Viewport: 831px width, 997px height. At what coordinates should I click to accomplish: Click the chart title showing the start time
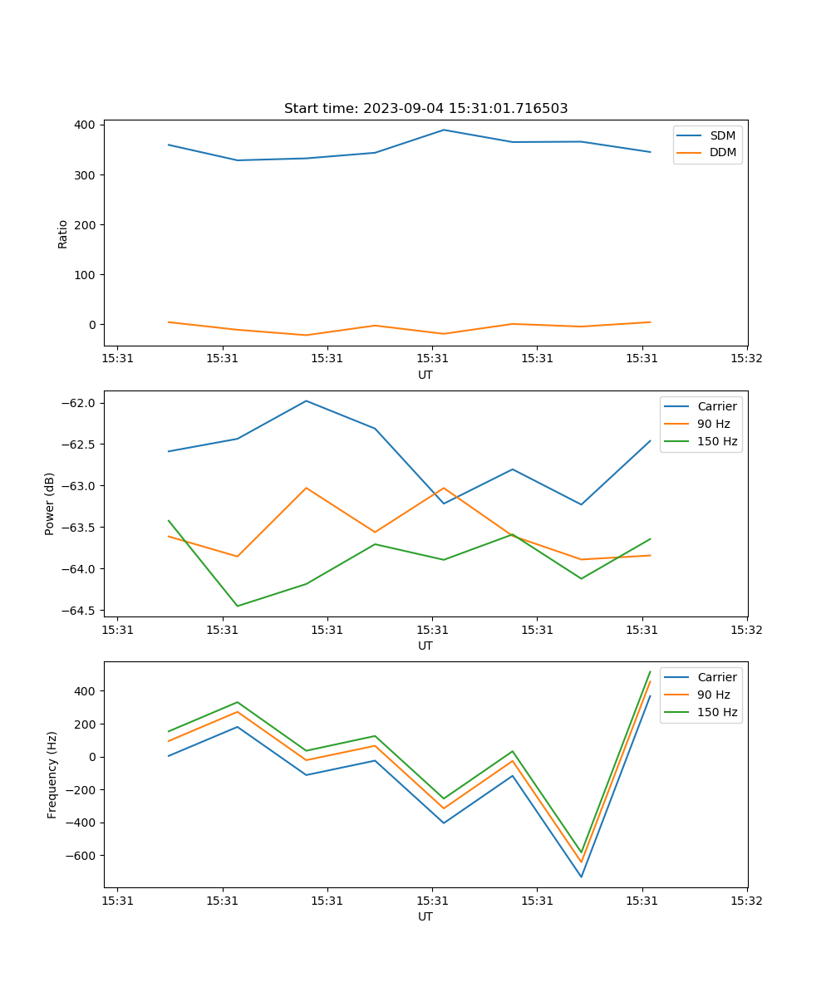425,109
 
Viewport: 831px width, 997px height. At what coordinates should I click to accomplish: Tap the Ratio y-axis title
63,233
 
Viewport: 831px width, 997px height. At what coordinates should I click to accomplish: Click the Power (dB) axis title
50,503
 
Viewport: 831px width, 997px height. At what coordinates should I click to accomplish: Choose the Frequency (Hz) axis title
52,774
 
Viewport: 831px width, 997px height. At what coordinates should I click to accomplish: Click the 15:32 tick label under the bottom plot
746,900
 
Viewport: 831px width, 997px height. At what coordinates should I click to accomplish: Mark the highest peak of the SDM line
444,130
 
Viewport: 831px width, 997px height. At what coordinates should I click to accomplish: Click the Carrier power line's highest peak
306,400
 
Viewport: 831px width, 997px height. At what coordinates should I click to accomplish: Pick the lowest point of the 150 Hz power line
238,606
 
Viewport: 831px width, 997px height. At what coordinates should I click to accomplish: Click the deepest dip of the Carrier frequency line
581,877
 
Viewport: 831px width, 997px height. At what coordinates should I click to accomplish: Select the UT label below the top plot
425,375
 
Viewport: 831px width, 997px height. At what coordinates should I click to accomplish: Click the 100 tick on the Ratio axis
87,274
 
